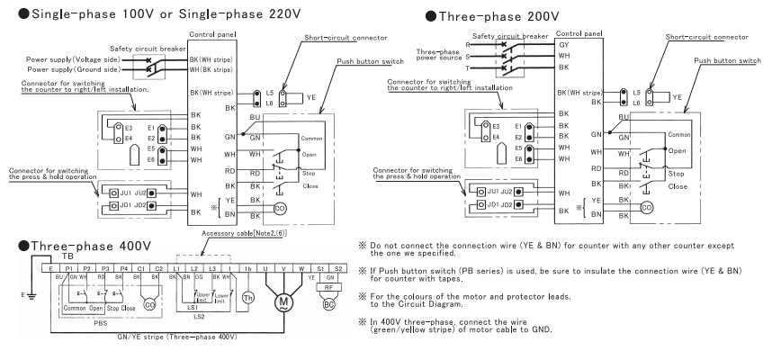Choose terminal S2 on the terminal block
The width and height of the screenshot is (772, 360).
(x=338, y=269)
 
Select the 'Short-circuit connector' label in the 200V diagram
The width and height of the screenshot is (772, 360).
(x=706, y=37)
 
